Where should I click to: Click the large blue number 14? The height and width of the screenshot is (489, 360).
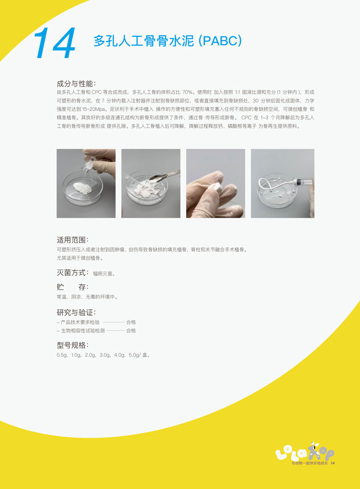coord(54,43)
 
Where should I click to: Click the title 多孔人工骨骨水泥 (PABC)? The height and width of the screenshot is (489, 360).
coord(168,41)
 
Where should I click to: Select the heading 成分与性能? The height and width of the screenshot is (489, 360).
coord(75,84)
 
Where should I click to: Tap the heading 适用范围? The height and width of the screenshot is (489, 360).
coord(72,240)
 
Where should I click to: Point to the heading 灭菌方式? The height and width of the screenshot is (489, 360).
coord(72,272)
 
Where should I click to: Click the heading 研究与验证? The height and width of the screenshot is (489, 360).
coord(75,312)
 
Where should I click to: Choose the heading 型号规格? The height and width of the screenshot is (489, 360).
coord(72,345)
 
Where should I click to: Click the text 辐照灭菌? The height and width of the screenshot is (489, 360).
coord(103,273)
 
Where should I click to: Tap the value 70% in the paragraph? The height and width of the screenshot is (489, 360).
coord(188,92)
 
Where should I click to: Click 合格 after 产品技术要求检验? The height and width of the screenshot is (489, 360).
coord(131,322)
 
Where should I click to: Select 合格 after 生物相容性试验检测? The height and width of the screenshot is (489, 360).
coord(131,331)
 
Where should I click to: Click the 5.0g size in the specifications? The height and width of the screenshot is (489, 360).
coord(135,355)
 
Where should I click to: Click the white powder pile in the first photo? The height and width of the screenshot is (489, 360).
coord(83,188)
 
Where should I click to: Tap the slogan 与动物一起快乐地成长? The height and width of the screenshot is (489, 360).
coord(309,463)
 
